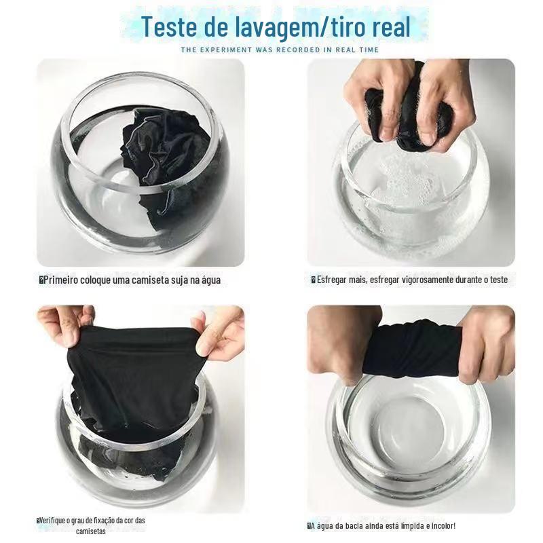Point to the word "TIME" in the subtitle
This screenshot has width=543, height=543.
coord(369,50)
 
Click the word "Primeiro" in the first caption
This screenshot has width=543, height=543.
coord(60,280)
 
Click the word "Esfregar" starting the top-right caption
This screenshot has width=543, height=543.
coord(332,280)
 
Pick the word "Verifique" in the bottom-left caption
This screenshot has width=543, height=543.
coord(51,521)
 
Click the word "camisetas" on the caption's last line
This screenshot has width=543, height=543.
coord(91,531)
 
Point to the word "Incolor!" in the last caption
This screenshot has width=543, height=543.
coord(444,525)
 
